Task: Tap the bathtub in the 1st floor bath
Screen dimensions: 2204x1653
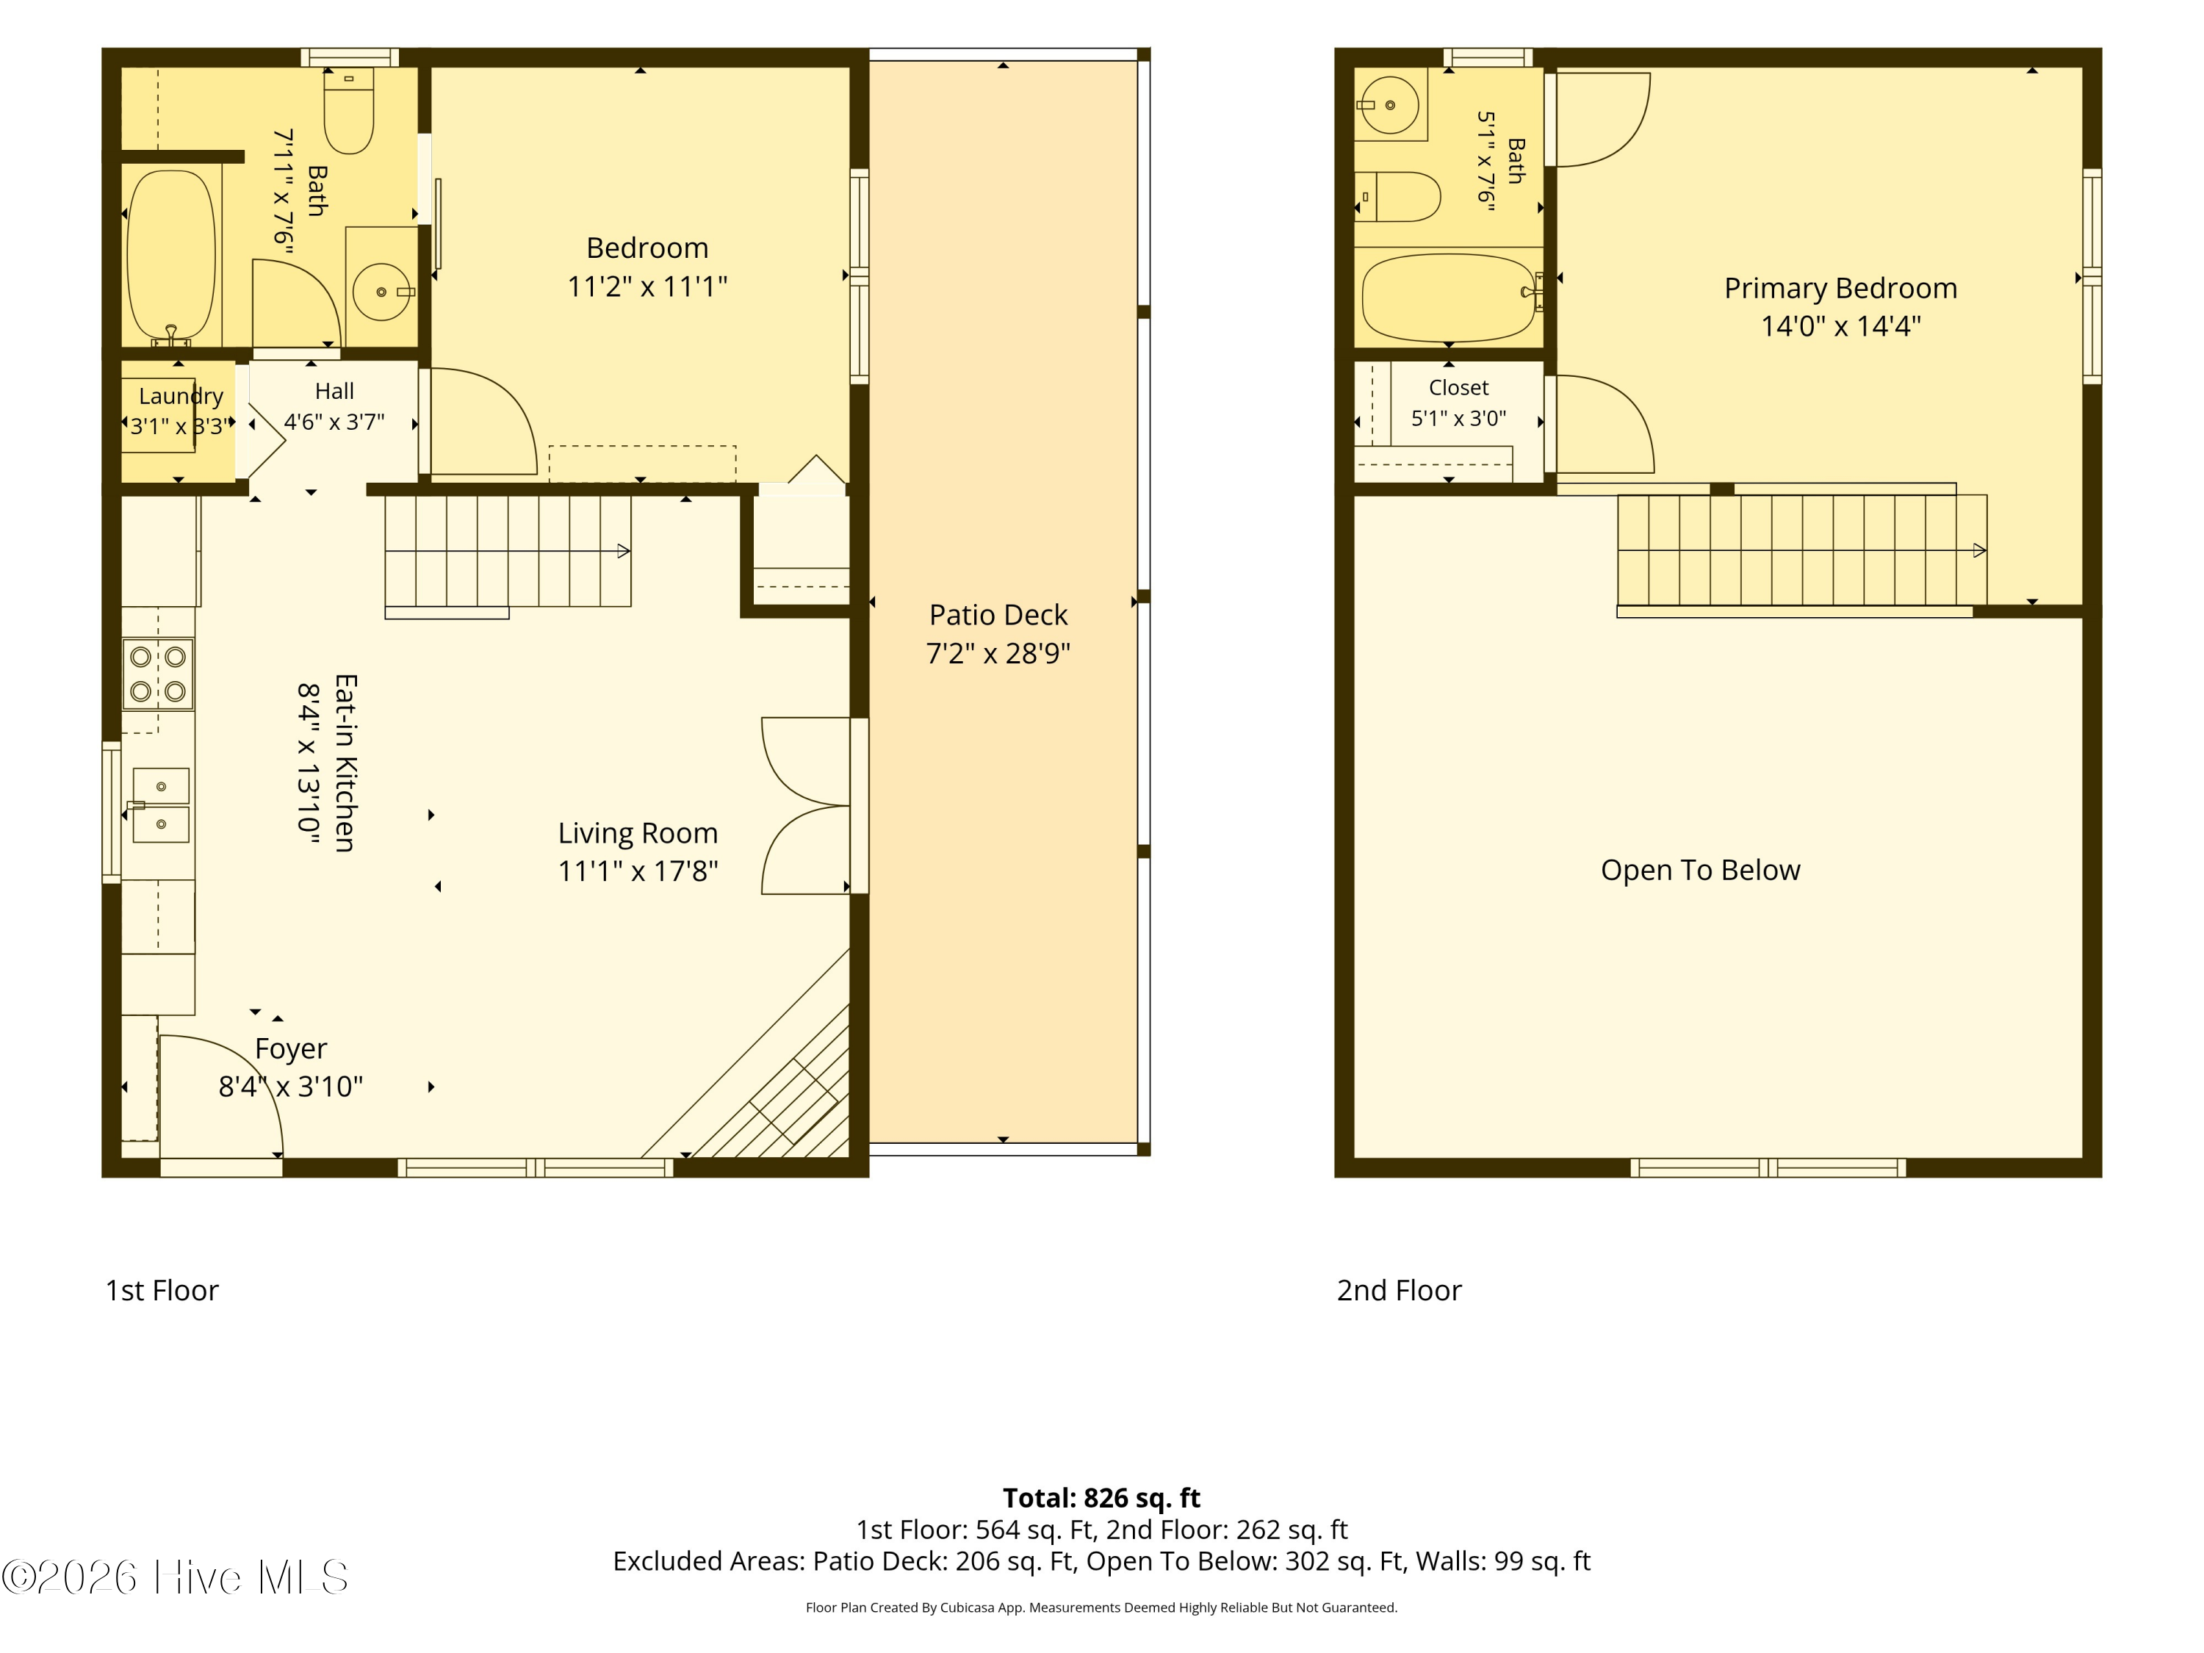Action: (x=171, y=256)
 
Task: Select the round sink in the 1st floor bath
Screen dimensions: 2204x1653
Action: (x=381, y=291)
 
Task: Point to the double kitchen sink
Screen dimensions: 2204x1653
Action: (x=160, y=805)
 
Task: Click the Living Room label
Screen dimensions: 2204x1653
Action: (x=638, y=833)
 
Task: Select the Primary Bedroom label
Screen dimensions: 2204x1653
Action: (x=1840, y=288)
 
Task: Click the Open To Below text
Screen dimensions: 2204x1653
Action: (x=1701, y=870)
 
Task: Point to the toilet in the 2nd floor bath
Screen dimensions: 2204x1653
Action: (x=1397, y=196)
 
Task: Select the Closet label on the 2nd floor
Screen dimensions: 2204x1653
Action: (x=1459, y=388)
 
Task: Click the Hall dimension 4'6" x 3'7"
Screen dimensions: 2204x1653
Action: (x=334, y=422)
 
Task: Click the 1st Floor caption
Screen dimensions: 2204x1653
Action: (x=162, y=1290)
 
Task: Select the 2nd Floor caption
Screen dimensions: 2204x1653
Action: (x=1399, y=1290)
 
